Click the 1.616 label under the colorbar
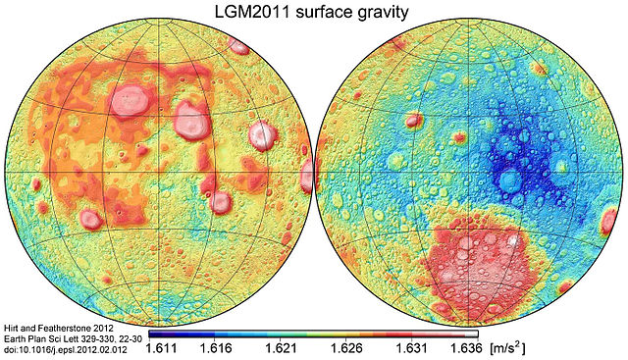click(x=214, y=347)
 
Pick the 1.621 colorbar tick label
click(x=265, y=347)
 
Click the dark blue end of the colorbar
click(x=153, y=334)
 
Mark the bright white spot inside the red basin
click(x=511, y=239)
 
